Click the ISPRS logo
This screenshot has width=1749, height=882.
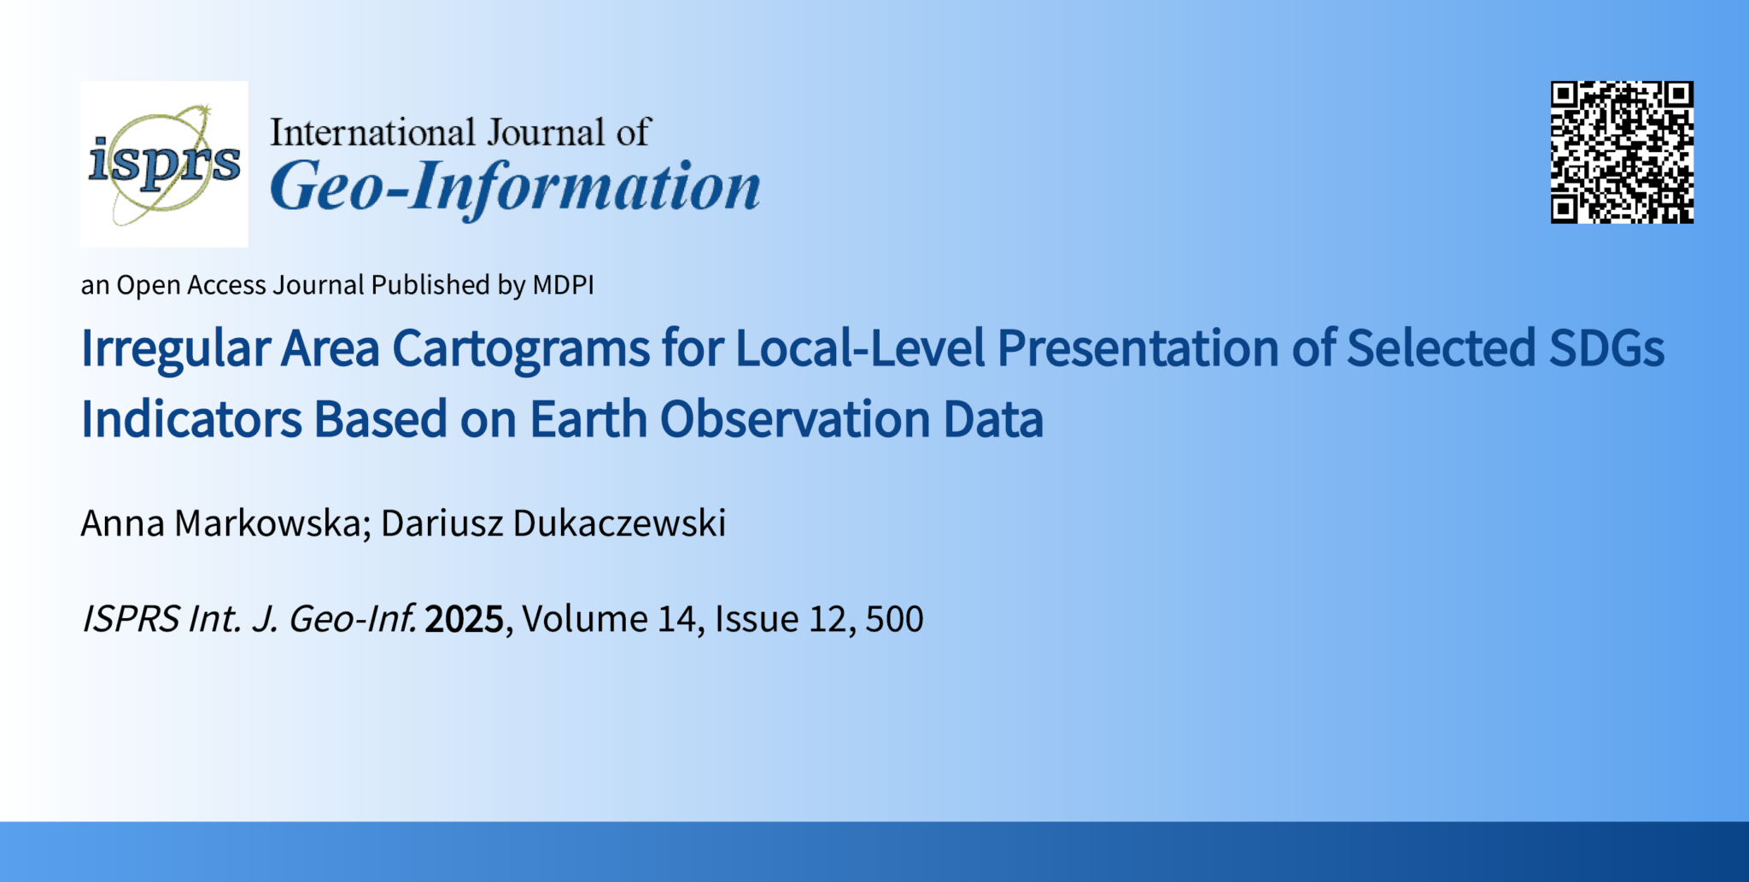pyautogui.click(x=164, y=164)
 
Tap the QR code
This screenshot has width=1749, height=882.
pyautogui.click(x=1622, y=153)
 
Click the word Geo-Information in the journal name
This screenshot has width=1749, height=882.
pyautogui.click(x=515, y=186)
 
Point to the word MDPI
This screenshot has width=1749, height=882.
pyautogui.click(x=563, y=285)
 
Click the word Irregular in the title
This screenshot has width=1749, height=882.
pyautogui.click(x=175, y=349)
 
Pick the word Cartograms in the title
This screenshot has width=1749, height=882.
pyautogui.click(x=521, y=349)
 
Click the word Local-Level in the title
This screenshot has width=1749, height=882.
pyautogui.click(x=860, y=349)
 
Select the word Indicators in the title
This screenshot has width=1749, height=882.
pyautogui.click(x=191, y=419)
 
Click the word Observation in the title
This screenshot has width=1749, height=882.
pyautogui.click(x=794, y=419)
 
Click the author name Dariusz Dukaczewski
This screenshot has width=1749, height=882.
pyautogui.click(x=553, y=523)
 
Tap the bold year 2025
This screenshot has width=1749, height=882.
pyautogui.click(x=464, y=619)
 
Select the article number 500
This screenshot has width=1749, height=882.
pyautogui.click(x=894, y=619)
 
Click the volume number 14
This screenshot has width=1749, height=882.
pyautogui.click(x=676, y=619)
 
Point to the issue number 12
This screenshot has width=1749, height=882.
pyautogui.click(x=827, y=619)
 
